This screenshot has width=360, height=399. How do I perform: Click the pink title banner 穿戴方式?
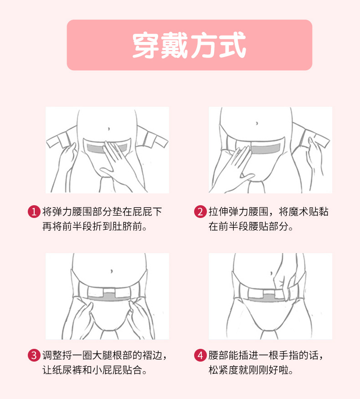(x=189, y=45)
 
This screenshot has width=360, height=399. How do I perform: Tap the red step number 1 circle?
(x=34, y=212)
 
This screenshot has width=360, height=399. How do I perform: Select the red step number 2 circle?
(x=200, y=212)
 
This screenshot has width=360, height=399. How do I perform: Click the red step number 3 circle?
(x=34, y=355)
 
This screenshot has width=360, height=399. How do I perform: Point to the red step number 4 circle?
(x=200, y=355)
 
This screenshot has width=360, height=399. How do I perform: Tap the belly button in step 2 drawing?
(x=257, y=123)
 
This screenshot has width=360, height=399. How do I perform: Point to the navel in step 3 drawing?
(x=111, y=270)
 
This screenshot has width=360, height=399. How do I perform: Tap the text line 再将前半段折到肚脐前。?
(x=95, y=227)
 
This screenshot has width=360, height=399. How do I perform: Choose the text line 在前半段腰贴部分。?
(x=251, y=227)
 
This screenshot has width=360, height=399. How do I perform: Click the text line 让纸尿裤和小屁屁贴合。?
(x=95, y=369)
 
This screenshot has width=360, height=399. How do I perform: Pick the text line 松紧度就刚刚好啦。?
(x=251, y=369)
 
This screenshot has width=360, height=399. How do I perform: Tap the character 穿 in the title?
(x=146, y=45)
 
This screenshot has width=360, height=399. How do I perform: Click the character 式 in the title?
(x=232, y=45)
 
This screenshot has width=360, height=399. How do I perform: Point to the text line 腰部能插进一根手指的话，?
(x=267, y=355)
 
